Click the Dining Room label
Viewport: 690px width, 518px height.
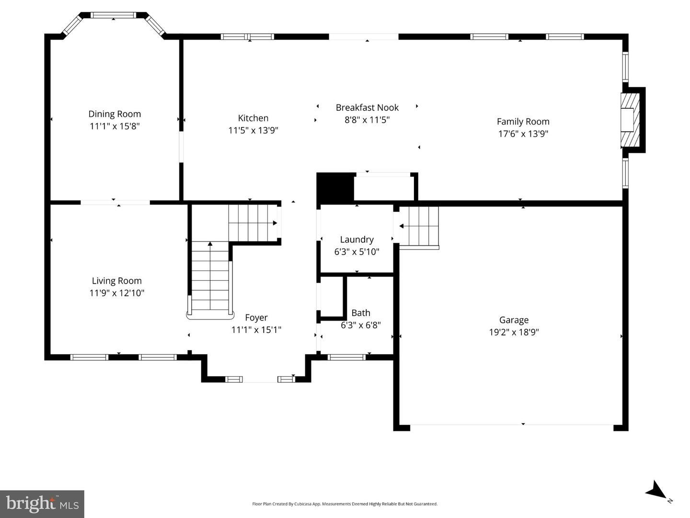pos(115,114)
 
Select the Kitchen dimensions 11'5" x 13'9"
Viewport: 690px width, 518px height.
pos(253,130)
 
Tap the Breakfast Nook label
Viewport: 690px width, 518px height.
pos(367,108)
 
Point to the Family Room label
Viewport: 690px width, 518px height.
pos(523,122)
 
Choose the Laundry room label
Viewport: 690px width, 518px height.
pos(356,240)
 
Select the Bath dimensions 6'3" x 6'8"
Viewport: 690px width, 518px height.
pos(361,325)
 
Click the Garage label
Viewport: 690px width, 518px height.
pos(514,320)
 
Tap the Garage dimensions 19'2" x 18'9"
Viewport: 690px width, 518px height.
pos(514,332)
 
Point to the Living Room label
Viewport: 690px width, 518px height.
pos(116,281)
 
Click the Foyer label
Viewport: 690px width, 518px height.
pos(256,318)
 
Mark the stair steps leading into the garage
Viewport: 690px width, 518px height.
pos(420,226)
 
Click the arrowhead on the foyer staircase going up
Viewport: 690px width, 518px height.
pos(210,244)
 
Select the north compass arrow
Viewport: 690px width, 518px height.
pos(656,491)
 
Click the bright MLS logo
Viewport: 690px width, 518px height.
pos(42,504)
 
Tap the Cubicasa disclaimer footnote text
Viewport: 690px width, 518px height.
pos(345,504)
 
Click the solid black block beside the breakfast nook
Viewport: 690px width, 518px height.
pos(335,188)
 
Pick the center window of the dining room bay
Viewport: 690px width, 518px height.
pos(114,15)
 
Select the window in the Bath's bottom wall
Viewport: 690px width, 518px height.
pos(346,357)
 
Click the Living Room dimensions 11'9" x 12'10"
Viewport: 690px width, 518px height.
pos(116,293)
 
